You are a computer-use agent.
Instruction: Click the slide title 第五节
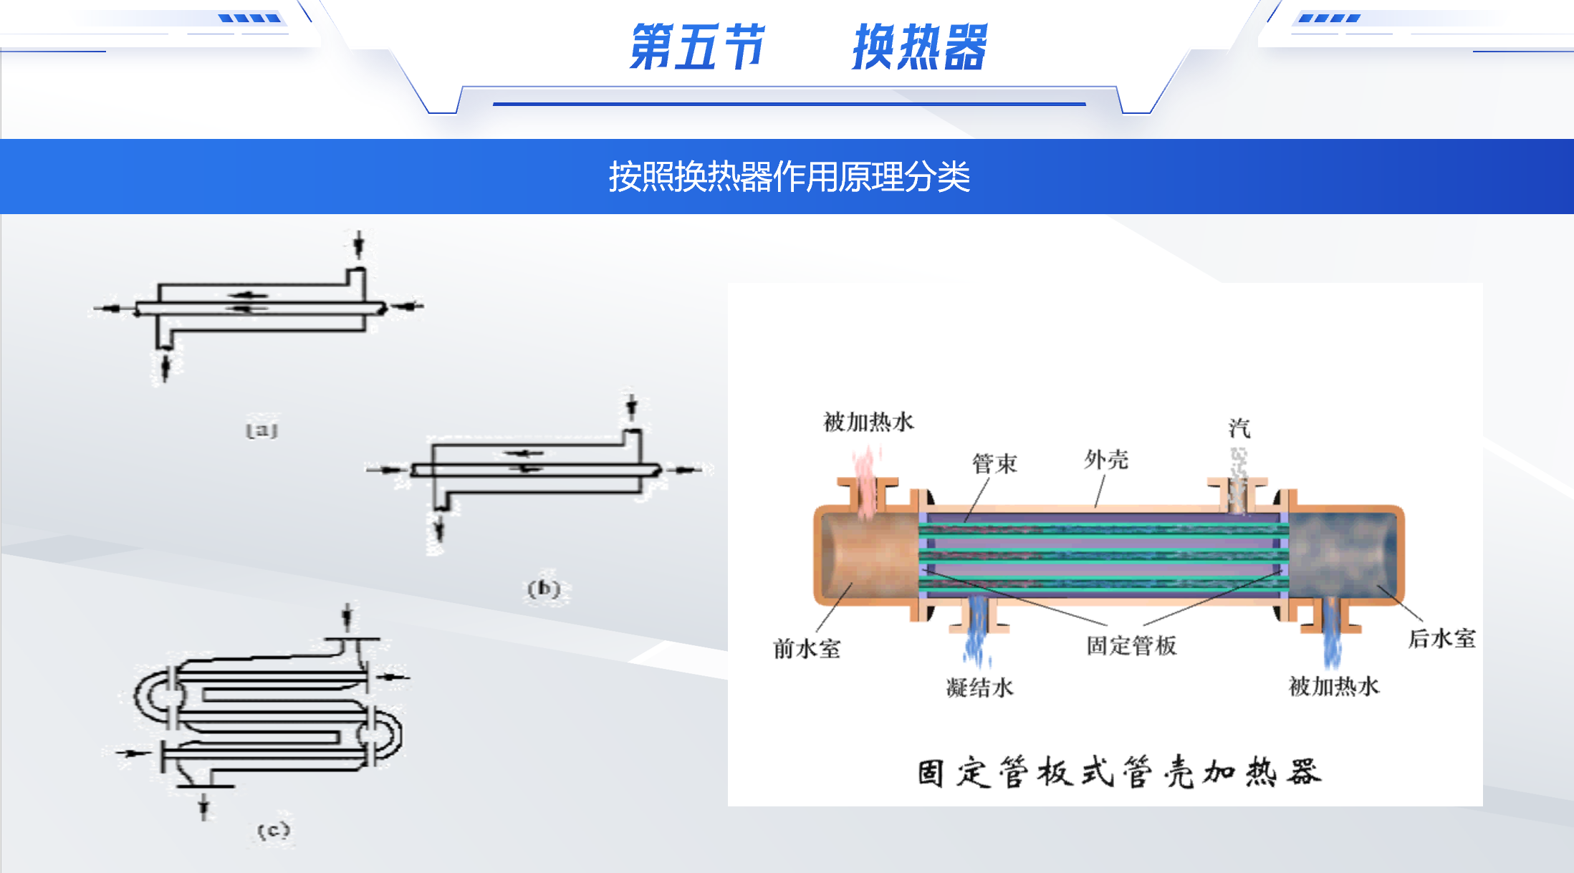pos(696,47)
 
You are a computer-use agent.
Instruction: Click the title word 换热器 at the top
pos(919,47)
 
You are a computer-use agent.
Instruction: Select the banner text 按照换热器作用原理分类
pos(789,177)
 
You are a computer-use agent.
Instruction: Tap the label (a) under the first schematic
pos(261,430)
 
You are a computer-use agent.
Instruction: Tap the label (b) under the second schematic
pos(544,589)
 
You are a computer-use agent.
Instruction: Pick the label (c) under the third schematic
pos(274,831)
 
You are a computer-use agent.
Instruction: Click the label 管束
pos(994,464)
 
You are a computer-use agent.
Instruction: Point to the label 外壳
pos(1106,460)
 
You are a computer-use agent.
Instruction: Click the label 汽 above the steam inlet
pos(1239,428)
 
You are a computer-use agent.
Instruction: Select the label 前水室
pos(807,649)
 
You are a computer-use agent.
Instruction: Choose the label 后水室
pos(1441,638)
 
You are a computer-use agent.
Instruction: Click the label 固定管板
pos(1131,645)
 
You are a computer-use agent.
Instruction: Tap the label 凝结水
pos(979,688)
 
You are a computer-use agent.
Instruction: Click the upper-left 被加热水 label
pos(868,422)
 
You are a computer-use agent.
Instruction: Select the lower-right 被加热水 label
pos(1333,686)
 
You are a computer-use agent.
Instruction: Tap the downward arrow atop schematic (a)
pos(359,244)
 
